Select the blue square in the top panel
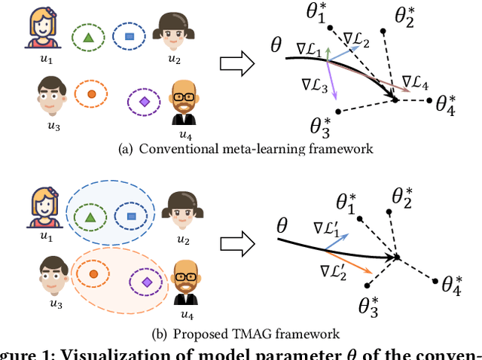point(130,35)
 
